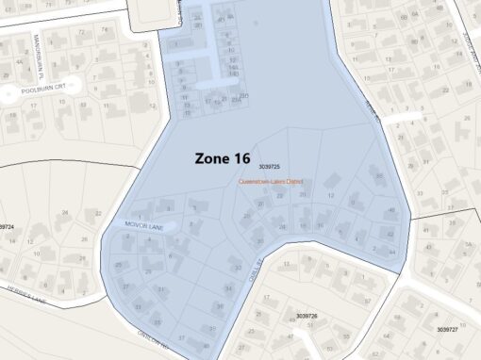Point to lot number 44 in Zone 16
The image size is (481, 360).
[x=391, y=252]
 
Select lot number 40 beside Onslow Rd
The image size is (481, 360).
[x=207, y=347]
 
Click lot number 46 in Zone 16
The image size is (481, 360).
[x=391, y=211]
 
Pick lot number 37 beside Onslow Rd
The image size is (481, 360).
[x=181, y=336]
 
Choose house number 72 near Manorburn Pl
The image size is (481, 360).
[x=78, y=32]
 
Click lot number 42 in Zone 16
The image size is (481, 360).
[x=390, y=233]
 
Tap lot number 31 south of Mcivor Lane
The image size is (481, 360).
[x=161, y=289]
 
